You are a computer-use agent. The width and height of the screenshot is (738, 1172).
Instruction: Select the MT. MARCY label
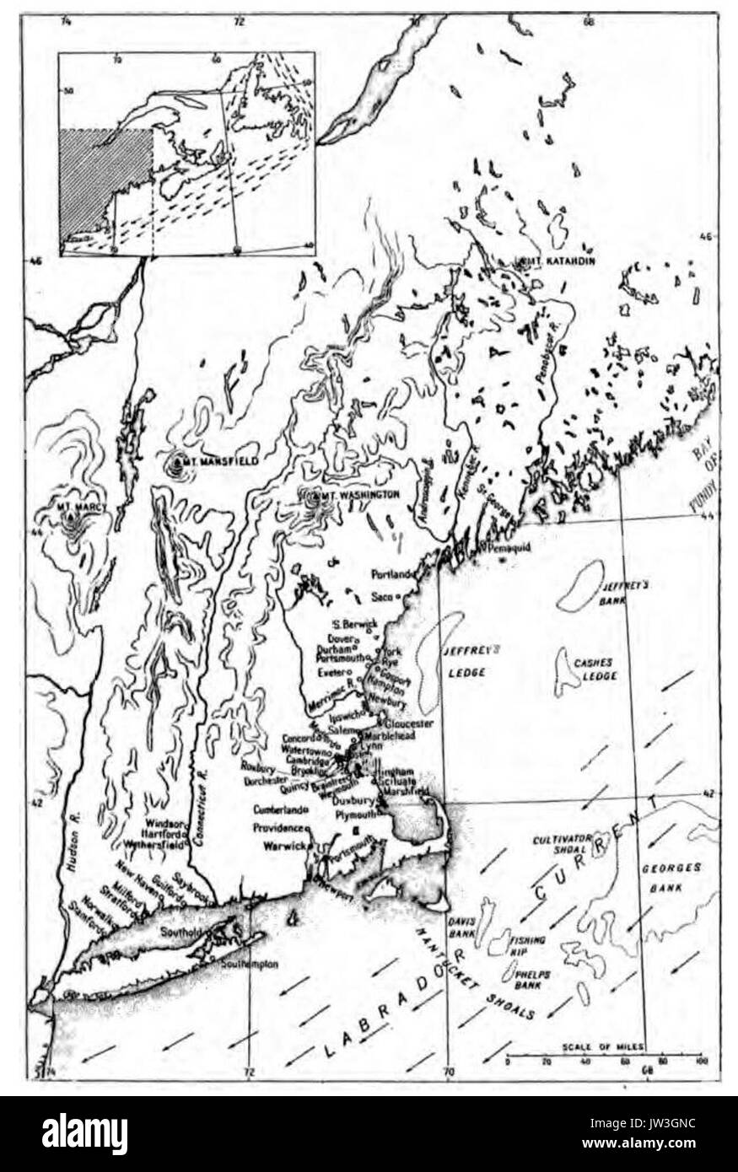point(74,508)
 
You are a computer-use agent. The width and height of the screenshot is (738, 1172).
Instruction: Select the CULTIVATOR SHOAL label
point(565,846)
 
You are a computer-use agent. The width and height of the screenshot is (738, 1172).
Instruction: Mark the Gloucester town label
point(408,723)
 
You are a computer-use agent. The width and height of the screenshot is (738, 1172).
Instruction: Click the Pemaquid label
point(508,547)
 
